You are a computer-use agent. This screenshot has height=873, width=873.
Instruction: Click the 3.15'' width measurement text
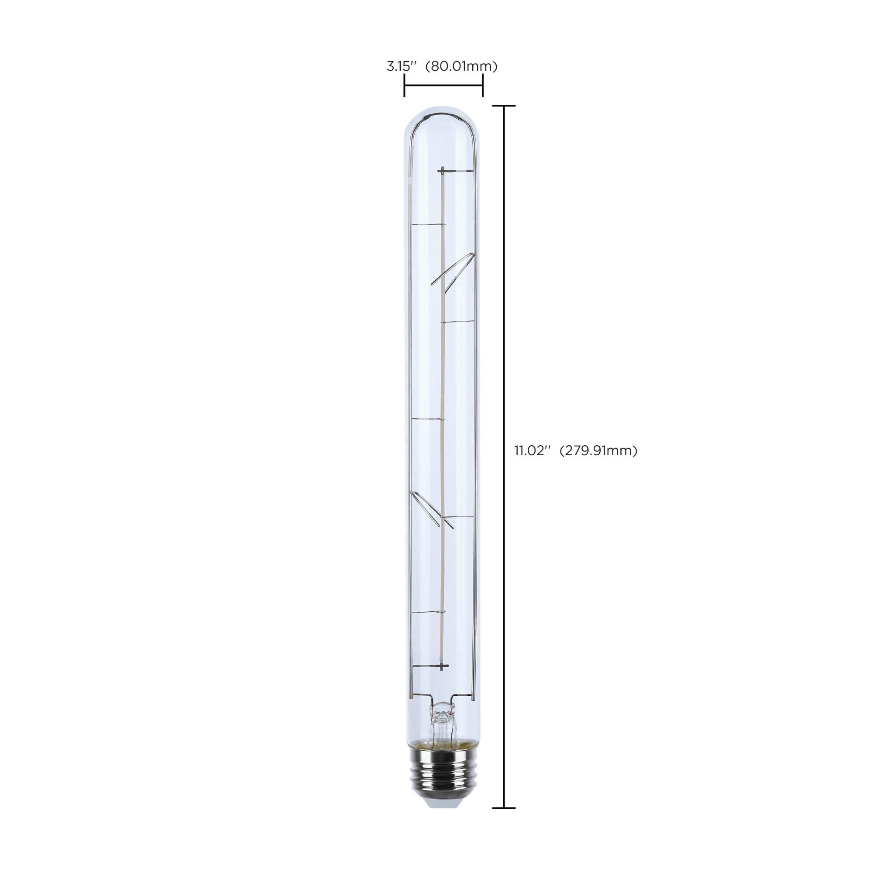tap(401, 66)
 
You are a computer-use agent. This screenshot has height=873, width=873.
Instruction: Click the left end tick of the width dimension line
tap(404, 86)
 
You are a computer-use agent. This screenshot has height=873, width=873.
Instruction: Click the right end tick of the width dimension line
tap(483, 86)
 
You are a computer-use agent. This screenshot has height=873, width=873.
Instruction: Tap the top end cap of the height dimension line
tap(503, 106)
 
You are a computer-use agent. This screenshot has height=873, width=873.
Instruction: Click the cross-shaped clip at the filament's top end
tap(443, 170)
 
